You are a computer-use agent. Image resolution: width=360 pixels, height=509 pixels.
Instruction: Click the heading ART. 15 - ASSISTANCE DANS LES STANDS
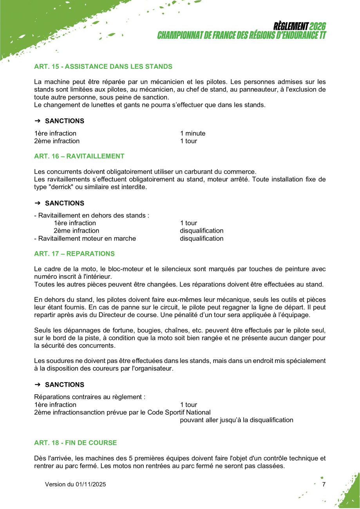point(103,67)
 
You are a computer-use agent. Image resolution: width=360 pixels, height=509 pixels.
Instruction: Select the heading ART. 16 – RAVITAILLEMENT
point(79,156)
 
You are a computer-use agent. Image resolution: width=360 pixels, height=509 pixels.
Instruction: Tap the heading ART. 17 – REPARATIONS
point(74,254)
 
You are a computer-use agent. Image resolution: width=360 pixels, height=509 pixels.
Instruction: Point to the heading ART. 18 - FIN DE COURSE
point(75,443)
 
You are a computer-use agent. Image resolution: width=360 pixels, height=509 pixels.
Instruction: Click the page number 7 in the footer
point(324,484)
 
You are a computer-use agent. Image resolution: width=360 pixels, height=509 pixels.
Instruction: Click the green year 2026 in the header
point(317,27)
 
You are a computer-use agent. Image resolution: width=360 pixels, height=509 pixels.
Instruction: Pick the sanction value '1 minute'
point(193,134)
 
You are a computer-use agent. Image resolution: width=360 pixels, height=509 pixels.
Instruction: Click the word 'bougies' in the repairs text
point(148,330)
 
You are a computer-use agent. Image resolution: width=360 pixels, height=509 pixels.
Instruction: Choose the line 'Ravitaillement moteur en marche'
point(85,238)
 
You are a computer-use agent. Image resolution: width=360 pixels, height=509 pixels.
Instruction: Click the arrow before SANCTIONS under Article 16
point(38,203)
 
